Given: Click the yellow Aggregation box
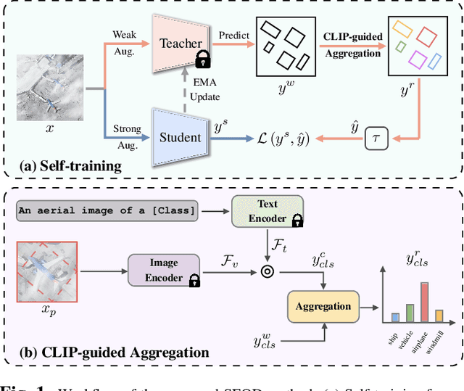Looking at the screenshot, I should [x=323, y=305].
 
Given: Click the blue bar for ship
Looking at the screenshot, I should [x=395, y=317].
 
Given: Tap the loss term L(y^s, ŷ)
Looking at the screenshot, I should [x=275, y=138].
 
